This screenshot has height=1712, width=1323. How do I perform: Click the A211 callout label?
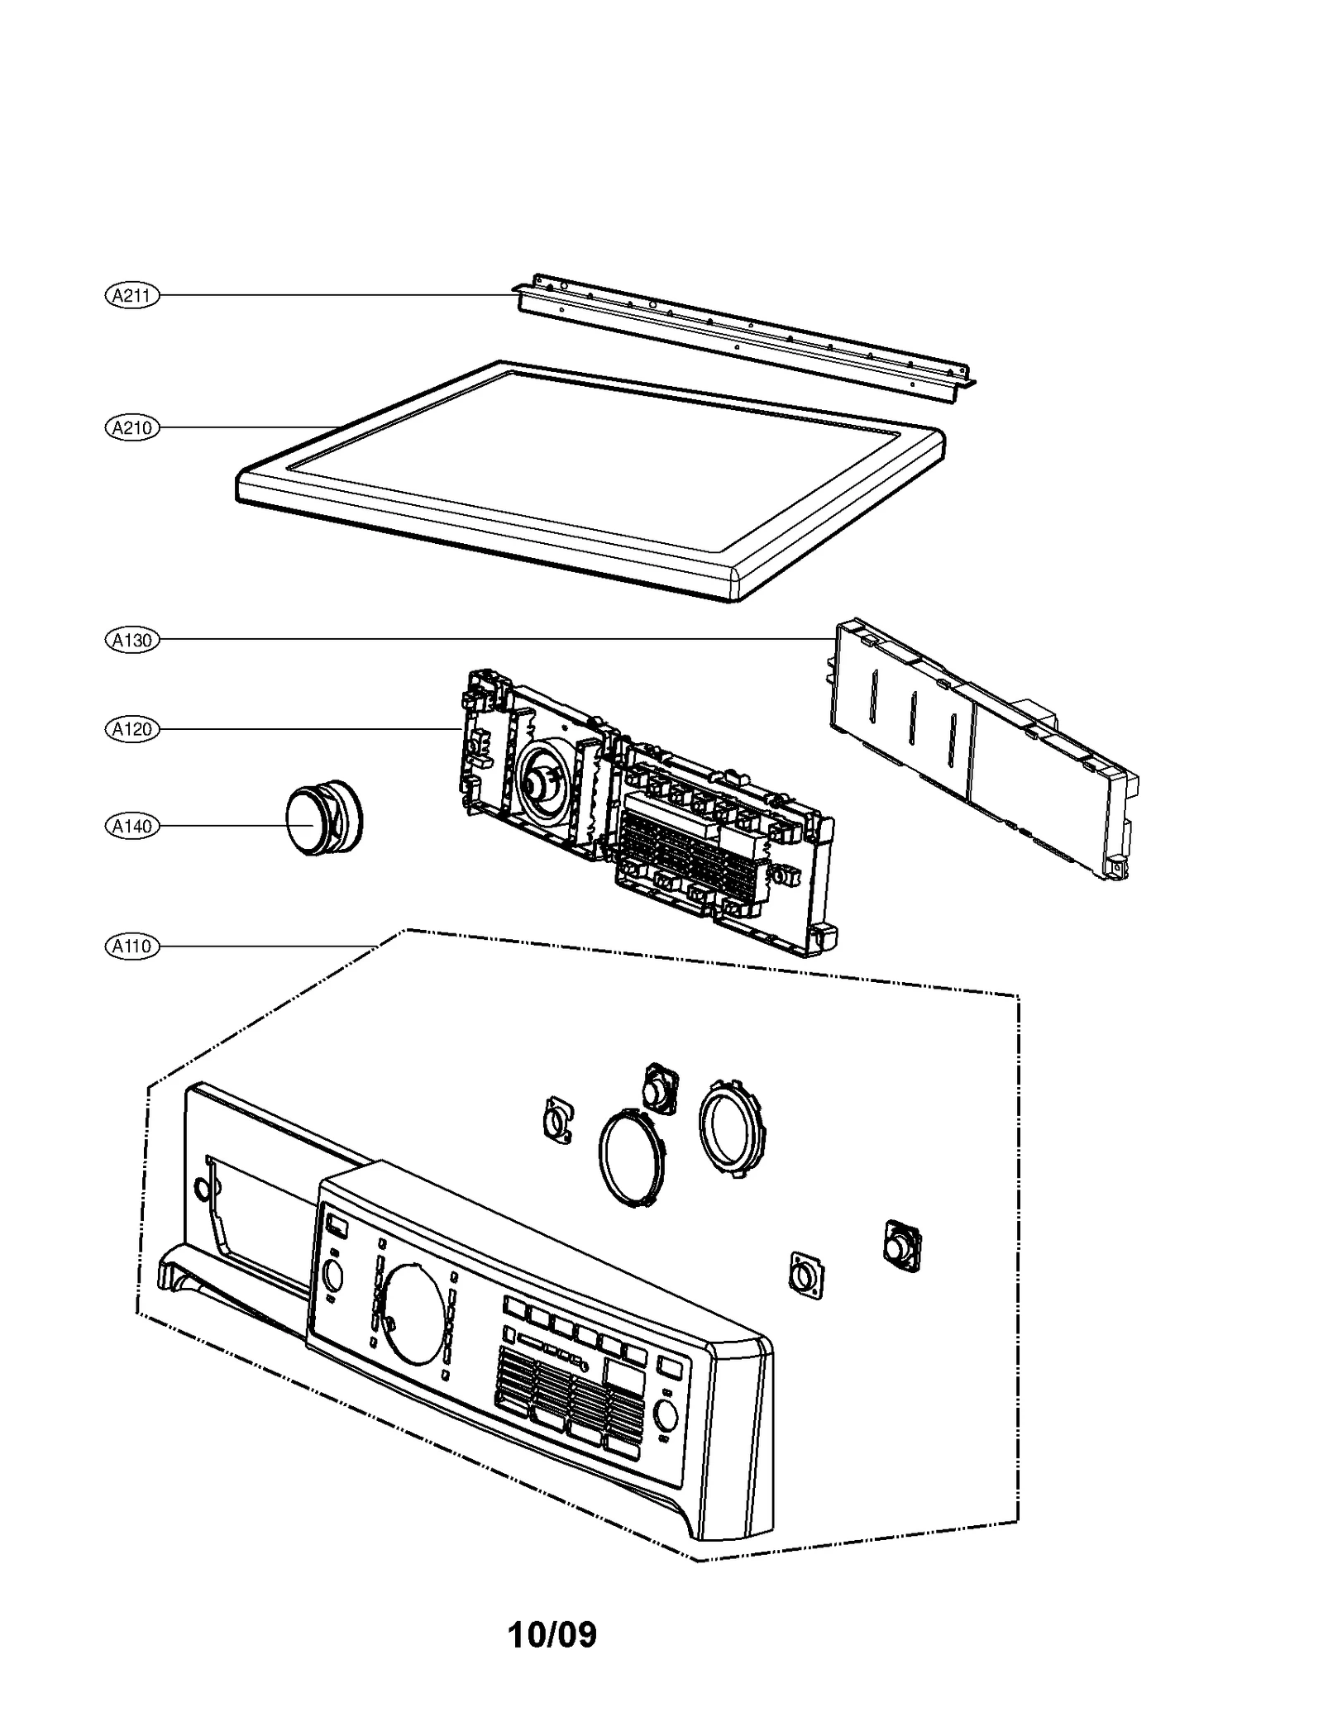point(131,295)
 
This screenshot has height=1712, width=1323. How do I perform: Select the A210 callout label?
point(131,428)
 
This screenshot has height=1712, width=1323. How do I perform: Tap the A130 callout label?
point(131,640)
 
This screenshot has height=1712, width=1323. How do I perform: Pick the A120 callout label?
point(131,729)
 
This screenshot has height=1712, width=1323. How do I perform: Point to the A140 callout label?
point(131,826)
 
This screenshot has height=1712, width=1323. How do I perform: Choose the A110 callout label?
point(131,946)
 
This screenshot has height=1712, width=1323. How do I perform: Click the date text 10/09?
point(552,1634)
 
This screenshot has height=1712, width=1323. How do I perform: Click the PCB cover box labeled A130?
point(976,744)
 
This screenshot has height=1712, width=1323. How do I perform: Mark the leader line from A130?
point(496,639)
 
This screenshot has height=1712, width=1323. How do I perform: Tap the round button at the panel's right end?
point(665,1415)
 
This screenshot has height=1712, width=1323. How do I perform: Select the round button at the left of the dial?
point(333,1278)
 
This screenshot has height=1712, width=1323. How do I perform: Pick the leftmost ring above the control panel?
point(632,1158)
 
